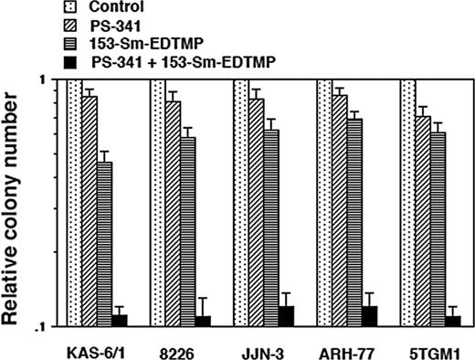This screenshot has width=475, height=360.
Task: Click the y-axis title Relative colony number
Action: (x=16, y=203)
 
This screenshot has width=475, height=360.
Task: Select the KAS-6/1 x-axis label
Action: (x=89, y=350)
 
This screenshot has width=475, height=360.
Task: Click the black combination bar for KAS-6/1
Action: (x=120, y=320)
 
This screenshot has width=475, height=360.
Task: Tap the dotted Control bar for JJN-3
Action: (x=240, y=202)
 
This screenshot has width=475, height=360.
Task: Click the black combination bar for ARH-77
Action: (x=370, y=316)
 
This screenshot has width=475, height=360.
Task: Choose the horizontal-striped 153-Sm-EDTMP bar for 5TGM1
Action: (x=438, y=228)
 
